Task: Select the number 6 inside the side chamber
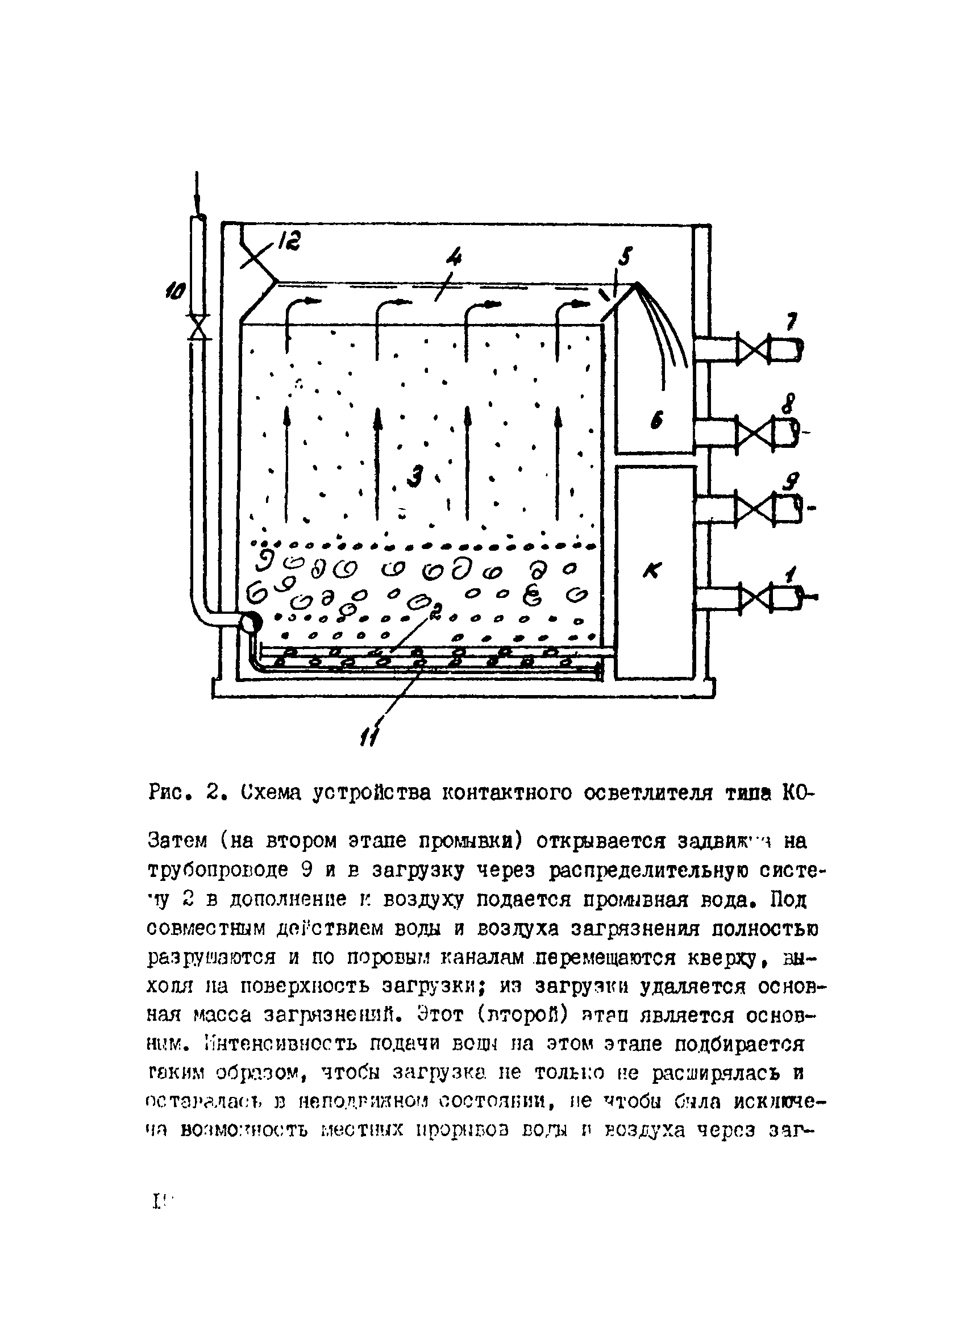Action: [656, 421]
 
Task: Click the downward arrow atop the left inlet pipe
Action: [197, 196]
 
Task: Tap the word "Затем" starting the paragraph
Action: [177, 840]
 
